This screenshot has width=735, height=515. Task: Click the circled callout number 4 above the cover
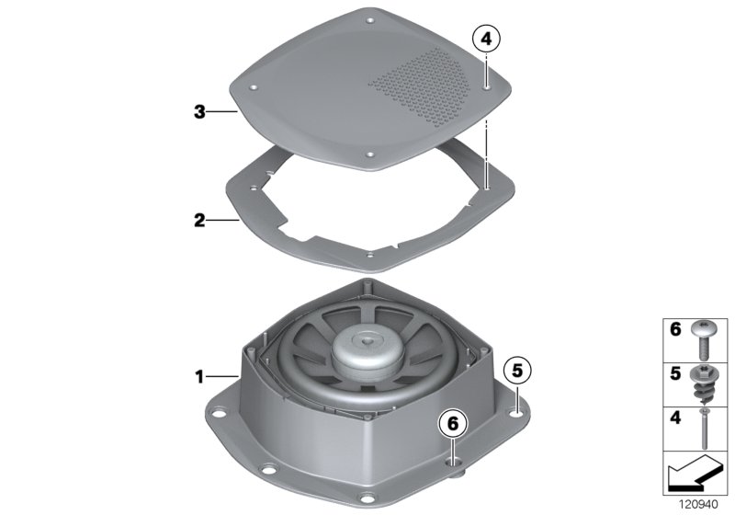[x=485, y=39]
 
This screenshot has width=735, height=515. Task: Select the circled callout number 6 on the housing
[x=451, y=424]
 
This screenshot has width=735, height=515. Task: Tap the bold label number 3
[x=198, y=112]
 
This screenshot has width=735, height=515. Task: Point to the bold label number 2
[x=198, y=221]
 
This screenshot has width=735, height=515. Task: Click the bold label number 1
[x=198, y=376]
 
